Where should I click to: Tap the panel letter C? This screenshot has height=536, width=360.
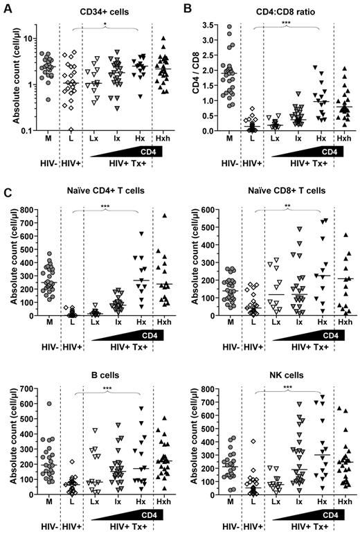pyautogui.click(x=6, y=185)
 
